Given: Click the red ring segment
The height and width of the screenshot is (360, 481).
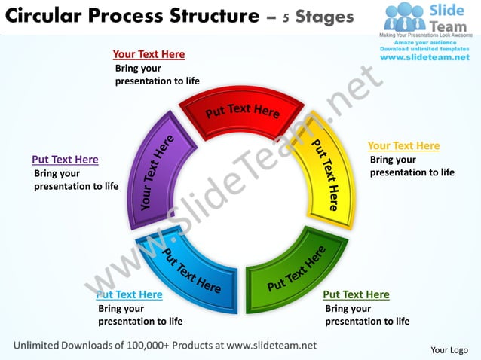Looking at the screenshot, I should click(x=241, y=114).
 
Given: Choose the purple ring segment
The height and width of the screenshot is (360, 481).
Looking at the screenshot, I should click(x=158, y=173).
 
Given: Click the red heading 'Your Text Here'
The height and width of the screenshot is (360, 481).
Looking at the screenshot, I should click(x=149, y=54).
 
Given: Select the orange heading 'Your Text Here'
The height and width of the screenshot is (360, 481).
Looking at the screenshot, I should click(x=403, y=146).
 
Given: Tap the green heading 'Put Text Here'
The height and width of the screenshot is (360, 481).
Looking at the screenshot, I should click(x=356, y=294).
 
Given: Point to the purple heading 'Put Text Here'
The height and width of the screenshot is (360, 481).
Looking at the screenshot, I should click(x=65, y=160).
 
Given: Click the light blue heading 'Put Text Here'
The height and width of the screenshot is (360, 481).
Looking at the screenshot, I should click(x=130, y=294).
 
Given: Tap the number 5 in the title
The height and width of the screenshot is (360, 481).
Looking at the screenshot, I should click(x=287, y=17).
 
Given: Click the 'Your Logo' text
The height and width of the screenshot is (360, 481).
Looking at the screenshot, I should click(x=449, y=349).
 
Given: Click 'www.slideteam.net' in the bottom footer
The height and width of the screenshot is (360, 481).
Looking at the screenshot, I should click(x=271, y=345).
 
